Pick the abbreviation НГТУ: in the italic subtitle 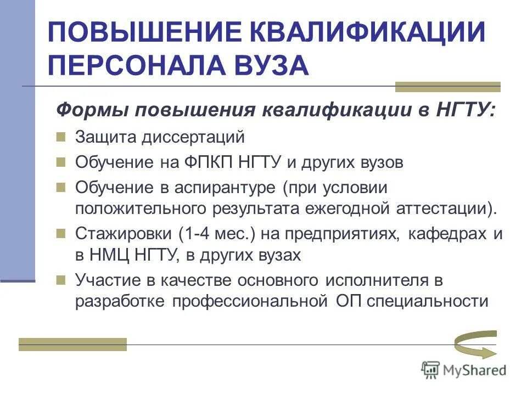click(466, 110)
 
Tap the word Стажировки click(122, 234)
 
